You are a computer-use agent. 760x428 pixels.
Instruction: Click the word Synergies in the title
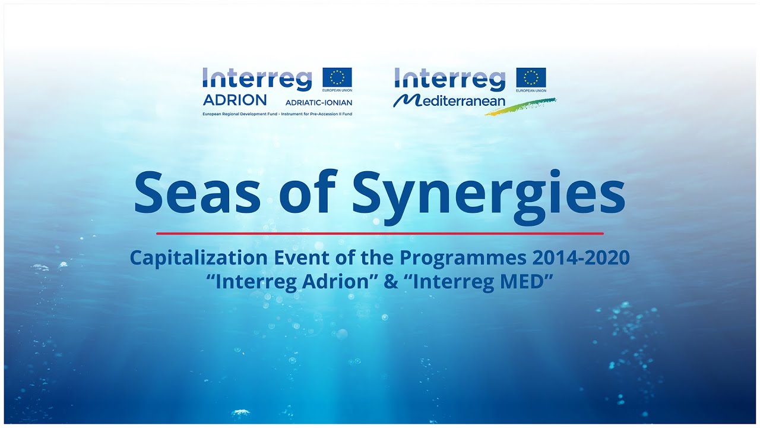pyautogui.click(x=489, y=193)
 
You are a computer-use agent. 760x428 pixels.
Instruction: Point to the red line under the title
pyautogui.click(x=380, y=234)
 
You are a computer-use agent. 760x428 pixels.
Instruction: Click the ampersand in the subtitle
pyautogui.click(x=390, y=281)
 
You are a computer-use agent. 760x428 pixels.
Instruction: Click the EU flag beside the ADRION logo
pyautogui.click(x=337, y=77)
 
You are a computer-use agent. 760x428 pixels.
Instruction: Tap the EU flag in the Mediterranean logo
pyautogui.click(x=531, y=77)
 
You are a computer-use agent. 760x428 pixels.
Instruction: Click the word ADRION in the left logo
pyautogui.click(x=235, y=99)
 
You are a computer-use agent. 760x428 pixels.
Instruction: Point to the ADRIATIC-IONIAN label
pyautogui.click(x=319, y=102)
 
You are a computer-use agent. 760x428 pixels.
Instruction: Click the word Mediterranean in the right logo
pyautogui.click(x=450, y=100)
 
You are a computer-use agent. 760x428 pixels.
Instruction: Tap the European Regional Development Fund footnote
pyautogui.click(x=277, y=114)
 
